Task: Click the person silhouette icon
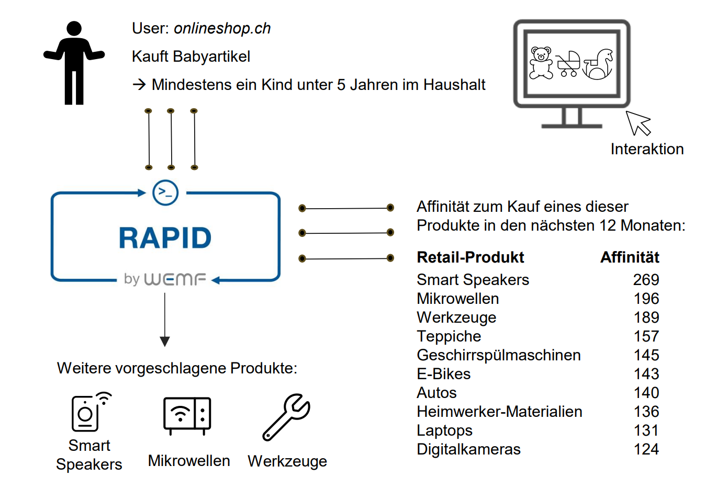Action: point(74,63)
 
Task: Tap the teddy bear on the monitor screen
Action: point(541,63)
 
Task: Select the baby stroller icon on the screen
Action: point(568,64)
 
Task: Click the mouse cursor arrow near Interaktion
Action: point(637,123)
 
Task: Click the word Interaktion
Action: point(647,149)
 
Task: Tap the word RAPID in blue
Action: point(165,238)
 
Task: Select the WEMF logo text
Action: point(175,279)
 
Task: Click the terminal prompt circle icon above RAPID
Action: point(165,192)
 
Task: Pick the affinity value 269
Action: point(646,280)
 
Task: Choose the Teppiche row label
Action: point(449,336)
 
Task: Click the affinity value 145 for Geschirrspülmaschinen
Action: point(646,355)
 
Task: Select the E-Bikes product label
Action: point(443,374)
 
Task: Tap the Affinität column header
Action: point(629,257)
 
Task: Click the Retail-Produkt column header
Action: point(470,257)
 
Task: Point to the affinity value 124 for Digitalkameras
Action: point(646,449)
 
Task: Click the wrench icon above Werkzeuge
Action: point(286,417)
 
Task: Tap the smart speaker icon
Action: point(89,412)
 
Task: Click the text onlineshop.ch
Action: point(222,28)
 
